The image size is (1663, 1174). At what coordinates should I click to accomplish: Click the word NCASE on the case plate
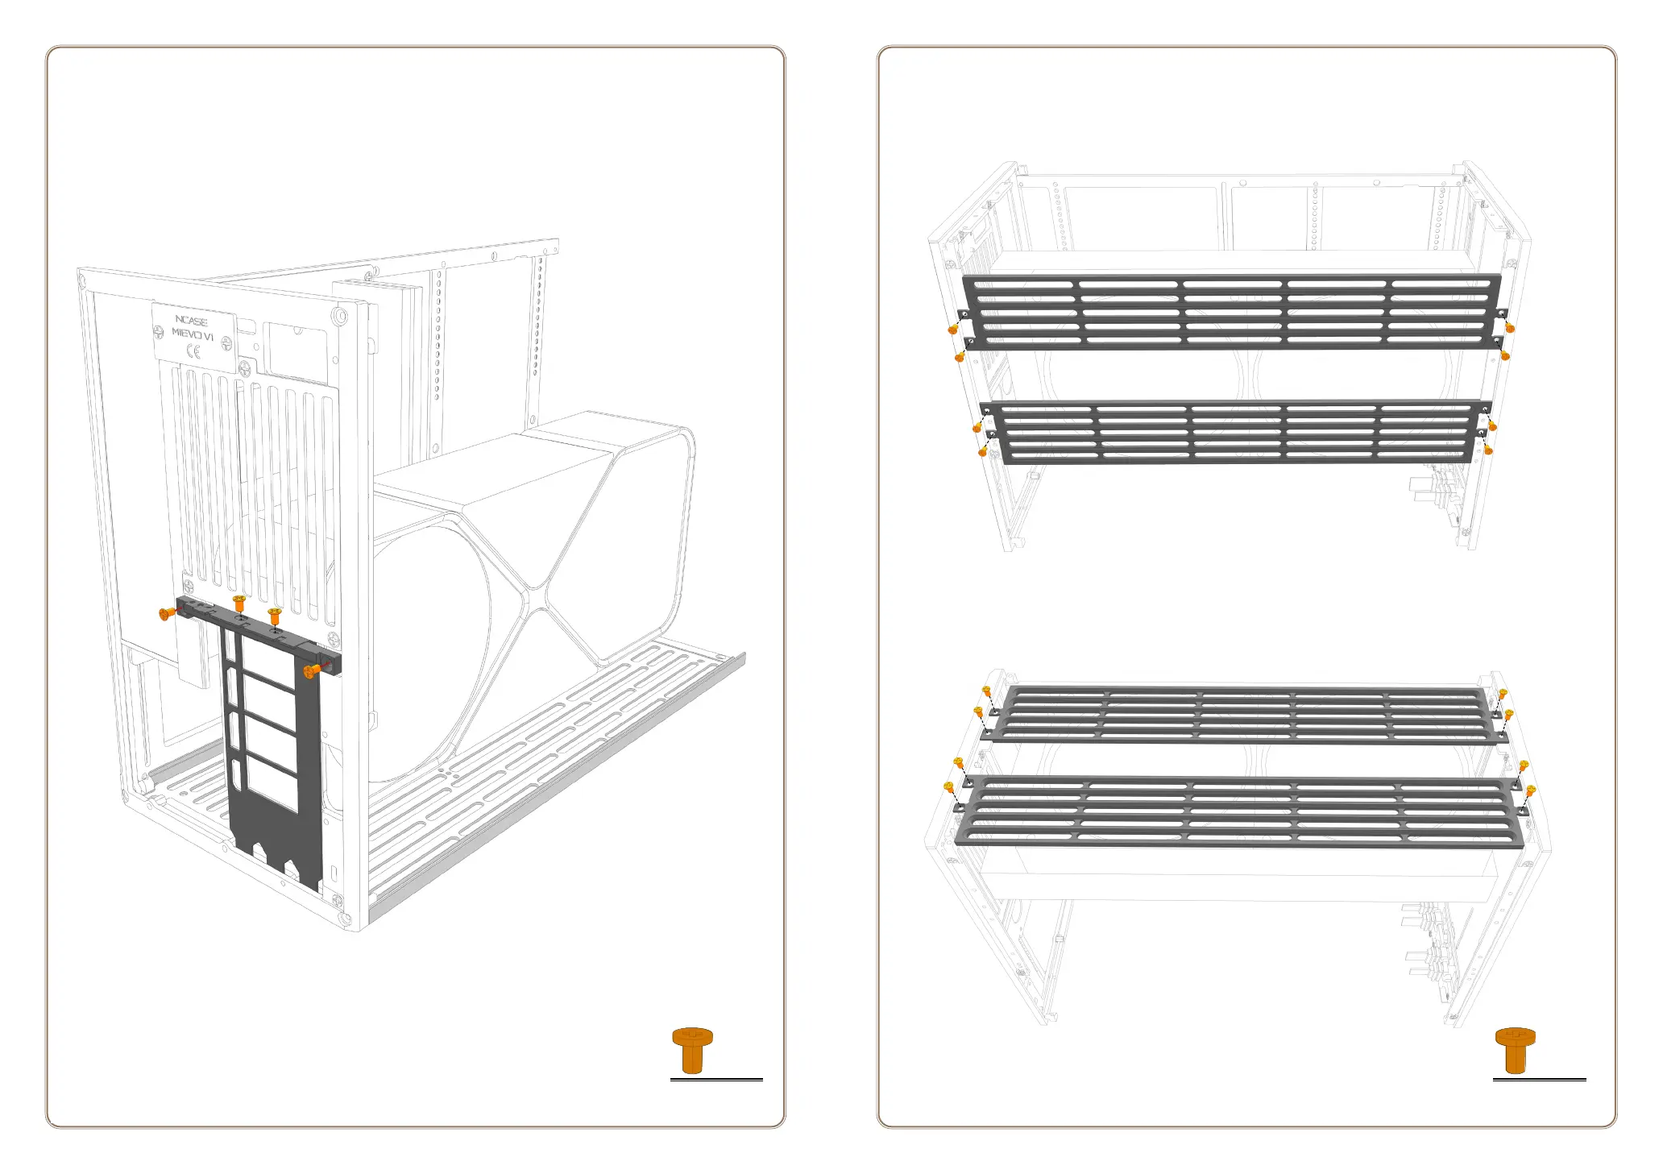click(x=191, y=320)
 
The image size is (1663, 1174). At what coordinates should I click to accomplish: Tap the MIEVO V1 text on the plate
click(x=193, y=334)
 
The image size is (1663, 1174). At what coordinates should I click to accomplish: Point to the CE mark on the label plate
click(x=193, y=351)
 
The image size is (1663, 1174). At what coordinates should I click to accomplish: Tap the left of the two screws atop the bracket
click(x=238, y=602)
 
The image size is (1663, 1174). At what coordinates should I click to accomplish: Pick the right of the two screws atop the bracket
click(x=274, y=616)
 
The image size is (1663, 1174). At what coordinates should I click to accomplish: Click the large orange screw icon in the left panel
click(x=692, y=1050)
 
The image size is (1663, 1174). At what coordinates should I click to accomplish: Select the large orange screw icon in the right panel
click(x=1515, y=1050)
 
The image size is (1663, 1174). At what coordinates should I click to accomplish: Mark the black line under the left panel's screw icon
click(x=716, y=1079)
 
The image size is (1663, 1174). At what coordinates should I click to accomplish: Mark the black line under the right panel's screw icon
click(x=1539, y=1079)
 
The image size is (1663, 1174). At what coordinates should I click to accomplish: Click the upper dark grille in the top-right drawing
click(x=1231, y=313)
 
